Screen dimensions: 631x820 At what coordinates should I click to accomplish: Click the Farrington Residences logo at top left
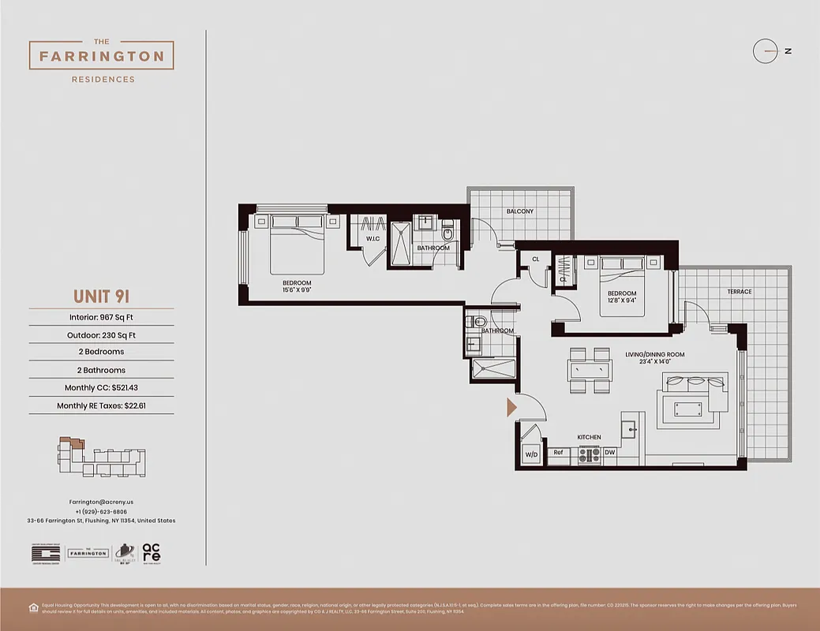point(101,57)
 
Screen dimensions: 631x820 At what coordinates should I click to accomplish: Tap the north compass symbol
point(766,51)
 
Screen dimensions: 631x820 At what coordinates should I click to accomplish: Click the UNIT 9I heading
point(101,297)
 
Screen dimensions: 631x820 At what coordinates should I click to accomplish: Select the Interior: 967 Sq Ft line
point(101,318)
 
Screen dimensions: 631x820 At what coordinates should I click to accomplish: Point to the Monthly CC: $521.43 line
point(101,388)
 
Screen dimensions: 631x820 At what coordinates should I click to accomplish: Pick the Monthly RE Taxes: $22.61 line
point(101,406)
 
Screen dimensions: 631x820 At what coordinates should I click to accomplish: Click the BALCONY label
point(519,211)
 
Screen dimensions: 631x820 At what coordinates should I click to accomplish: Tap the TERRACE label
point(739,292)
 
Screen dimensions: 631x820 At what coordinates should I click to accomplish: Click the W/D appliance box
point(530,455)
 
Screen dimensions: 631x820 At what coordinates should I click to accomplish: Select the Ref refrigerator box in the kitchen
point(557,454)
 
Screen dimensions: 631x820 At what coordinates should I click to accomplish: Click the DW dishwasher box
point(609,454)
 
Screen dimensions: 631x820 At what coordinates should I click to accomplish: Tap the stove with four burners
point(589,455)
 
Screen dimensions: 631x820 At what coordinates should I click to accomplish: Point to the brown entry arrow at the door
point(511,407)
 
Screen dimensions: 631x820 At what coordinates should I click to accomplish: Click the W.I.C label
point(373,239)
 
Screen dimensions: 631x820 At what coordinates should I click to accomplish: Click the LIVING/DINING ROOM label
point(654,355)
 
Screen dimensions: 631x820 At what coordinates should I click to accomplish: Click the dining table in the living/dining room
point(590,371)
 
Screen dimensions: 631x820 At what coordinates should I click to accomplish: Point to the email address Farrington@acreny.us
point(101,502)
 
